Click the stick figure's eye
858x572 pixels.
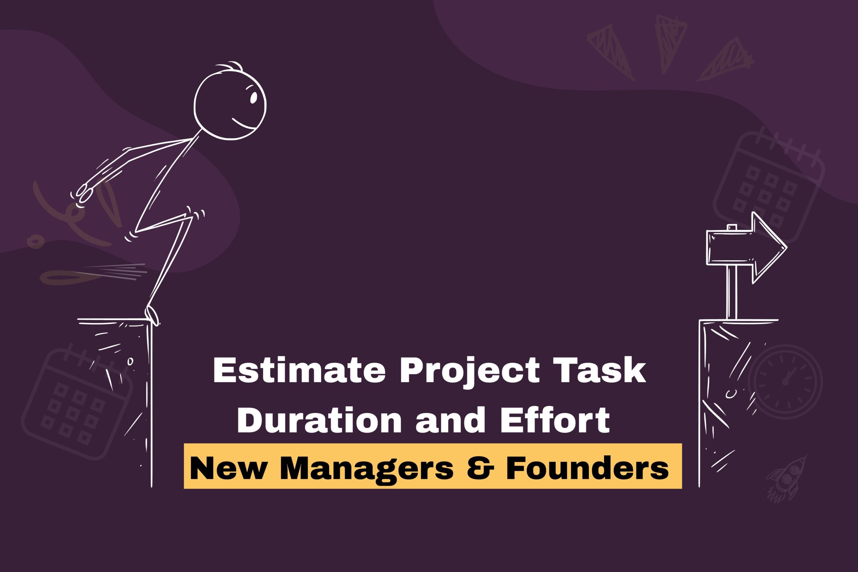253,97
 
